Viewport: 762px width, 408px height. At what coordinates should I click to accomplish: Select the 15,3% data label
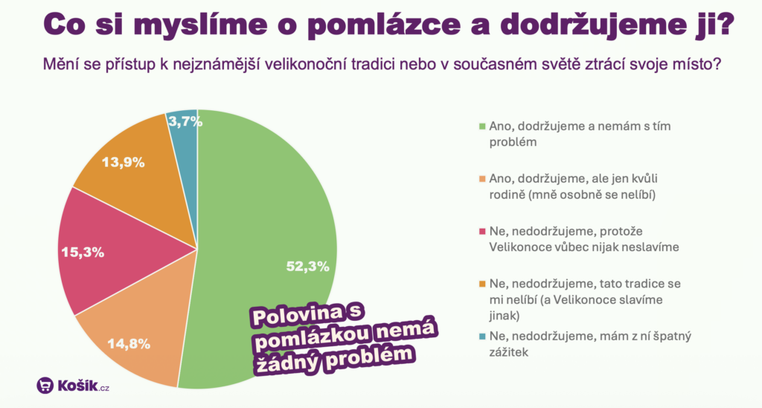83,252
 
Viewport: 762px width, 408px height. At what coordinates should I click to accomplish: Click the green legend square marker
482,127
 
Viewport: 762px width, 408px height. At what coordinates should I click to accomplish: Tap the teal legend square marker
482,337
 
